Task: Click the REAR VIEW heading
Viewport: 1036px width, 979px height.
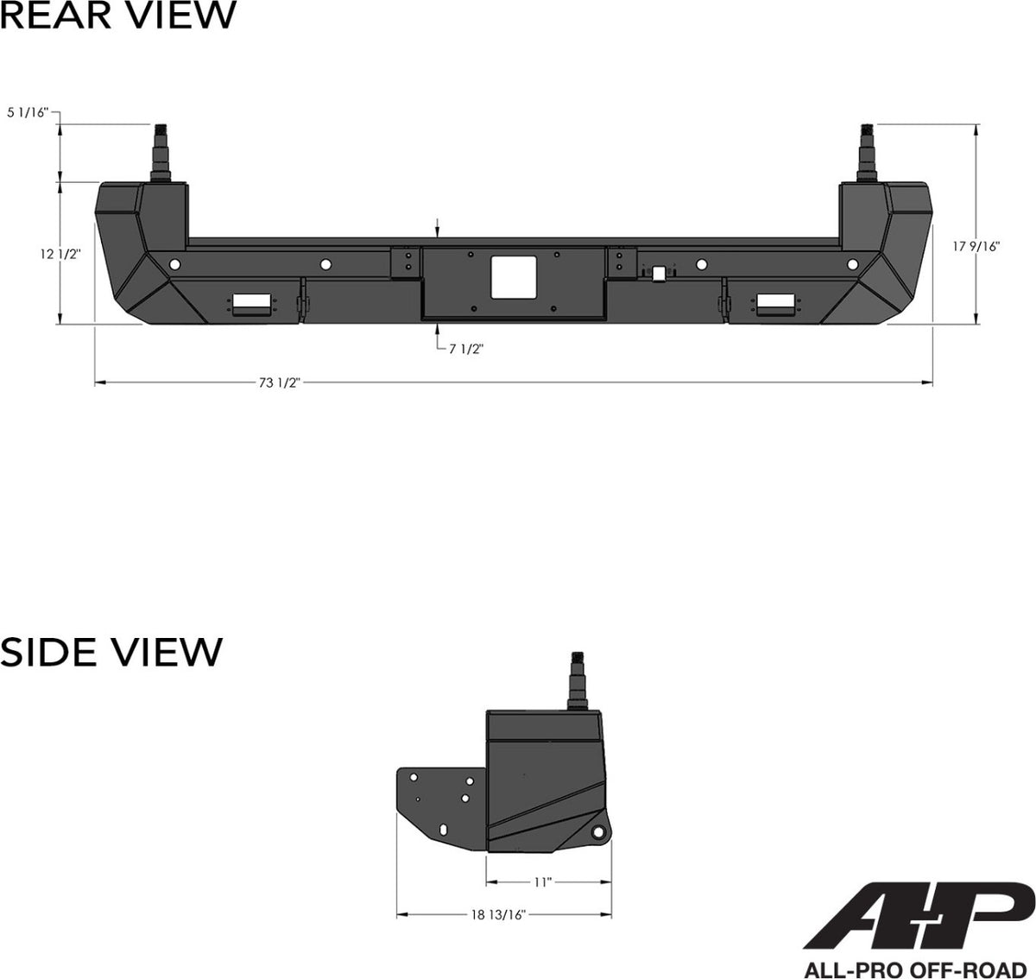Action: tap(118, 16)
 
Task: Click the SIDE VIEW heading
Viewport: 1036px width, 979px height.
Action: tap(111, 652)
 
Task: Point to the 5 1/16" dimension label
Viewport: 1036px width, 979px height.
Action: tap(28, 112)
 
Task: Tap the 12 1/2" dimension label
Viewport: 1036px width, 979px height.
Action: tap(60, 254)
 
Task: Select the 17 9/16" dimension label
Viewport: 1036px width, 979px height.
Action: tap(976, 246)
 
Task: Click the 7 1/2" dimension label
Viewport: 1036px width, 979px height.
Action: tap(466, 349)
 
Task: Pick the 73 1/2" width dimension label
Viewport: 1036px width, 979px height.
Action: tap(280, 382)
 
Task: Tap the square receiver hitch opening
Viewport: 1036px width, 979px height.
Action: tap(514, 278)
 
